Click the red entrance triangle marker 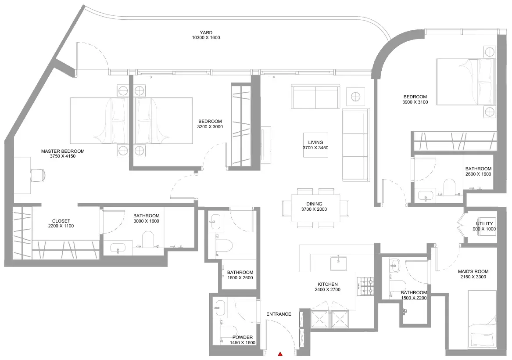tap(280, 354)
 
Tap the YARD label tap(206, 32)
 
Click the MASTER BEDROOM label tap(63, 151)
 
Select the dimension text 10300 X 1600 tap(206, 38)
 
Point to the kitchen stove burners tap(365, 287)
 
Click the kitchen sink tap(338, 263)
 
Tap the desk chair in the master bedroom tap(38, 175)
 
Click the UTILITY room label tap(484, 224)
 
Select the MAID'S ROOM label tap(473, 271)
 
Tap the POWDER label tap(243, 338)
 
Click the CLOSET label tap(61, 221)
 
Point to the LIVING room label tap(315, 142)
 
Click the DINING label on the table tap(314, 204)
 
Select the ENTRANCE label tap(279, 314)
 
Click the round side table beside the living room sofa tap(355, 97)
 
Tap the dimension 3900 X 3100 tap(415, 102)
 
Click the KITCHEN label tap(327, 284)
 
